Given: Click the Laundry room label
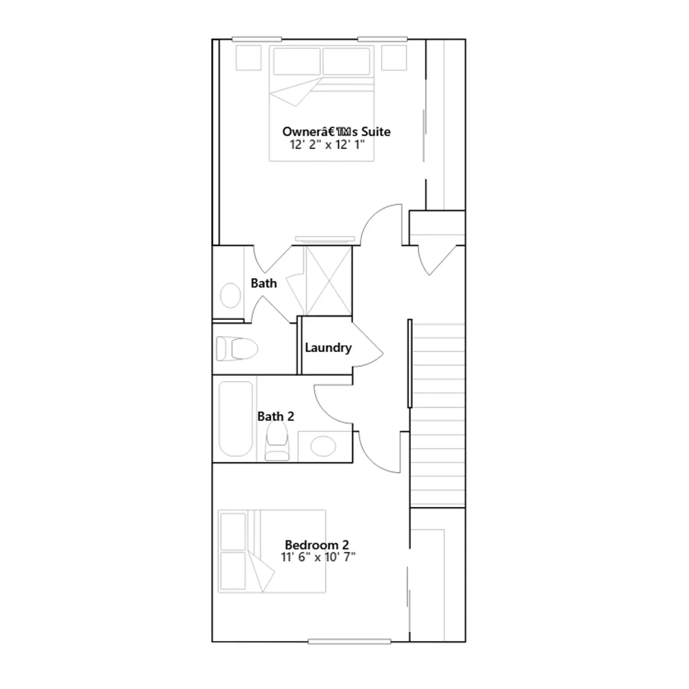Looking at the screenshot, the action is coord(328,348).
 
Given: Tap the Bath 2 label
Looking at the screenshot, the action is coord(276,416).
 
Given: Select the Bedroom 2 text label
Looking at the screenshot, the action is coord(317,545).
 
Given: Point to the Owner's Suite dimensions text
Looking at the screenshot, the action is coord(327,144).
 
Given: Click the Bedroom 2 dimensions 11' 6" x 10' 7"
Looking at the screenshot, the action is coord(318,557).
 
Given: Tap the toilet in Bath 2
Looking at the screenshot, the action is coord(277,441).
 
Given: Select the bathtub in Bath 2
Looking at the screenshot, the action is coord(236,419).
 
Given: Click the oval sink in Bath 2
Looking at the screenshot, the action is coord(323,446).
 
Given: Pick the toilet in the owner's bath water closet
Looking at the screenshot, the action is coord(237,348).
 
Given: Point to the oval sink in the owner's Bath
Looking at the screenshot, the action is coord(230,295).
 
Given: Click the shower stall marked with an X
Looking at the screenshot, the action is coord(328,281).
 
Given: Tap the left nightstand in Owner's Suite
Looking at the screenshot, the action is coord(248,58).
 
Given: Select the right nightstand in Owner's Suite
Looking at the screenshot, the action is coord(394,58).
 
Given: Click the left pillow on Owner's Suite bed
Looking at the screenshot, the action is coord(297,61).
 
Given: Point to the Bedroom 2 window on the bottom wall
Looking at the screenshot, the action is coord(349,642).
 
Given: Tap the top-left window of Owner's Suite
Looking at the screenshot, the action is coord(257,39).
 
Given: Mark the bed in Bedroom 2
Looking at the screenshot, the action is coord(272,551).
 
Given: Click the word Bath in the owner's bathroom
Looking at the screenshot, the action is coord(264,283).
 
